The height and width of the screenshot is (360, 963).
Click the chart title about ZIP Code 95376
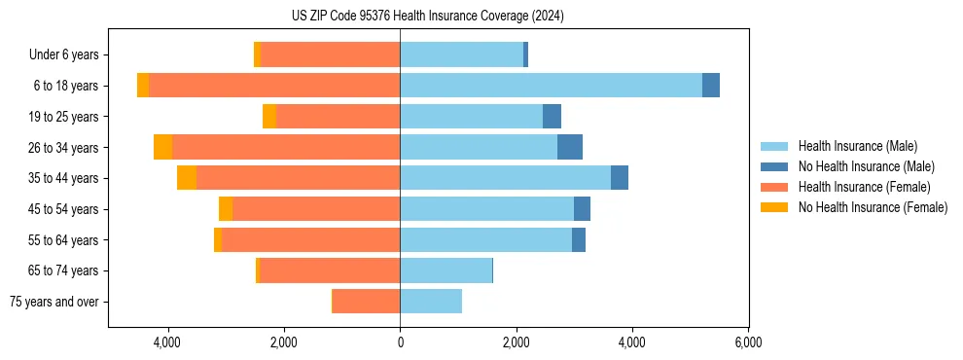pyautogui.click(x=428, y=16)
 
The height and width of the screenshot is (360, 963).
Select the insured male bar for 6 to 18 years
pyautogui.click(x=551, y=86)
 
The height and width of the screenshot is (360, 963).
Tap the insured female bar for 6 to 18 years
pyautogui.click(x=274, y=86)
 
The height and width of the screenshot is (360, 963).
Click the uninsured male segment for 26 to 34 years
pyautogui.click(x=570, y=147)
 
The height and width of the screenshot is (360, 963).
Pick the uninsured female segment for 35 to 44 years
pyautogui.click(x=187, y=178)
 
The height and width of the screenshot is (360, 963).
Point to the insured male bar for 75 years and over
pyautogui.click(x=431, y=302)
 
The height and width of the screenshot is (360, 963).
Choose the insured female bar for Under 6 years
pyautogui.click(x=330, y=54)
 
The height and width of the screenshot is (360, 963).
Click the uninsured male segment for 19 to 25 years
pyautogui.click(x=552, y=117)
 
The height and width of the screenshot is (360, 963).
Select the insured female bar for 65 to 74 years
pyautogui.click(x=330, y=270)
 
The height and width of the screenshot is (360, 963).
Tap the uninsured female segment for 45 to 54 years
pyautogui.click(x=226, y=209)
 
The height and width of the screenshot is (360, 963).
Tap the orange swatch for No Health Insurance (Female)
pyautogui.click(x=774, y=207)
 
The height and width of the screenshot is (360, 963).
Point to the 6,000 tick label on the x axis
pyautogui.click(x=748, y=342)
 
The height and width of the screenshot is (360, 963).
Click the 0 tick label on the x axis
pyautogui.click(x=400, y=342)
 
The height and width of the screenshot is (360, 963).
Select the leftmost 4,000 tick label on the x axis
pyautogui.click(x=167, y=342)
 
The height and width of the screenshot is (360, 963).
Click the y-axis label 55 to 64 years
pyautogui.click(x=63, y=240)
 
